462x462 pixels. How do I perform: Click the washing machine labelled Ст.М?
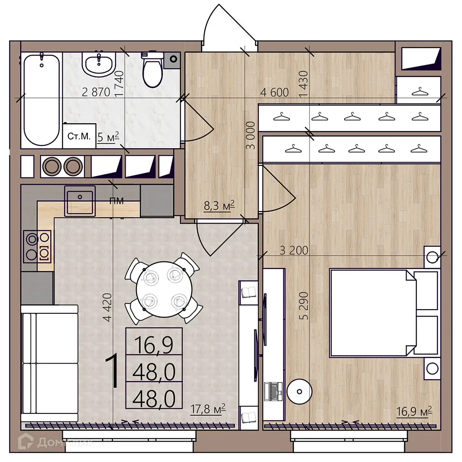pos(79,136)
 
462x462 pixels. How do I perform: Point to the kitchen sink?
pos(80,201)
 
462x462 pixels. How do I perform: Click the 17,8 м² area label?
pos(208,408)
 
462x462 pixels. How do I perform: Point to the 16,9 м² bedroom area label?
pos(414,411)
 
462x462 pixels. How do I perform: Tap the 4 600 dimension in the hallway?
pos(274,92)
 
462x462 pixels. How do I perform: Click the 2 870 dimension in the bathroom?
pos(96,92)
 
